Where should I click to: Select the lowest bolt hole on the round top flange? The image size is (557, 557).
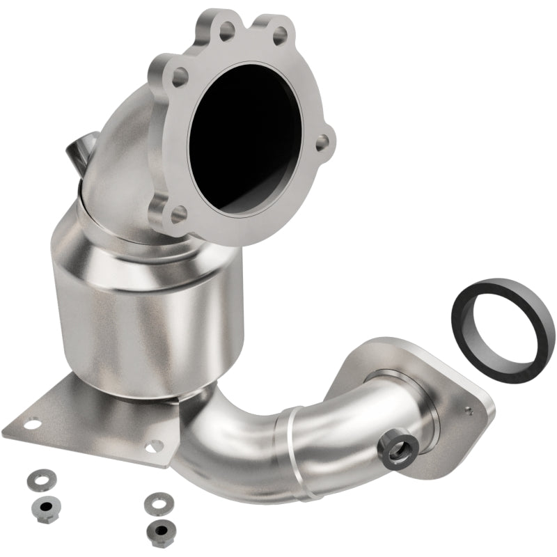pos(179,212)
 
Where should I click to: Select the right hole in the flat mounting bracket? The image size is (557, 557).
pos(155,444)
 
